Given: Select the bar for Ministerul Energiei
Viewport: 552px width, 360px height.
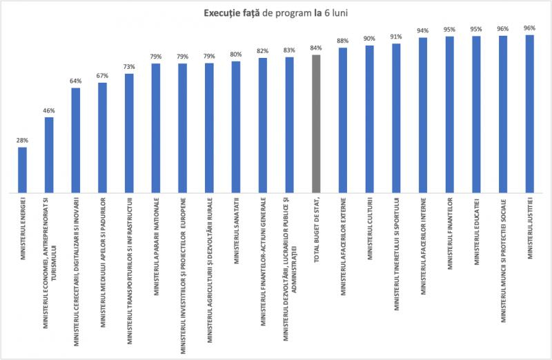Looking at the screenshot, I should pos(23,169).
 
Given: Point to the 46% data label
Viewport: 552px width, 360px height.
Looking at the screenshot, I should pos(49,110).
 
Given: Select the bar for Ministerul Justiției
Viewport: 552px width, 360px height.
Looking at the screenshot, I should pos(530,113).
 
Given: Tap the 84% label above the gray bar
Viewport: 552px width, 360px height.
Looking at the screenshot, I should pos(316,48).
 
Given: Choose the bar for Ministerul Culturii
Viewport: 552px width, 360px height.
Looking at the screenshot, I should pos(370,118).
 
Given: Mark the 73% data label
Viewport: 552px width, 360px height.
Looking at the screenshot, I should pos(129,66).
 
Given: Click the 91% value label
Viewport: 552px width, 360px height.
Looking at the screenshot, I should pos(396,37).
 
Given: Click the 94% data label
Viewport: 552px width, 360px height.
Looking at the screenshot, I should pos(423,30).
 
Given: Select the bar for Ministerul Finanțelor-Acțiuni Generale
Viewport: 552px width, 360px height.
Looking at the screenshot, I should pos(263,124).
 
